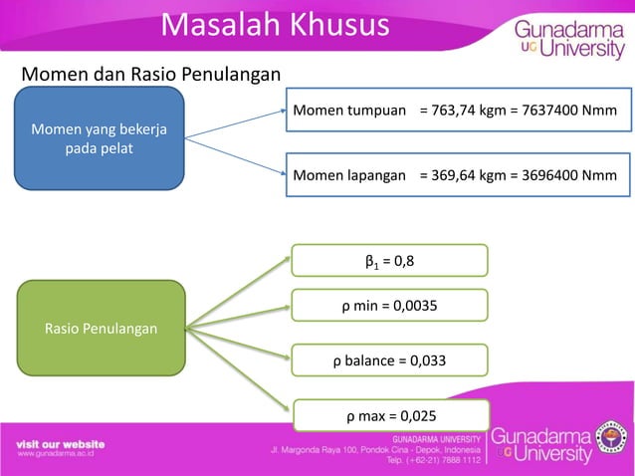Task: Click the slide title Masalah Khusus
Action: (x=275, y=25)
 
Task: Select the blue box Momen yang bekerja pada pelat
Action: (x=100, y=138)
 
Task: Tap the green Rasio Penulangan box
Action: (x=100, y=328)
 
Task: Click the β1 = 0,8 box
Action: (x=389, y=261)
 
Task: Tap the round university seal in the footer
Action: (x=610, y=438)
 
